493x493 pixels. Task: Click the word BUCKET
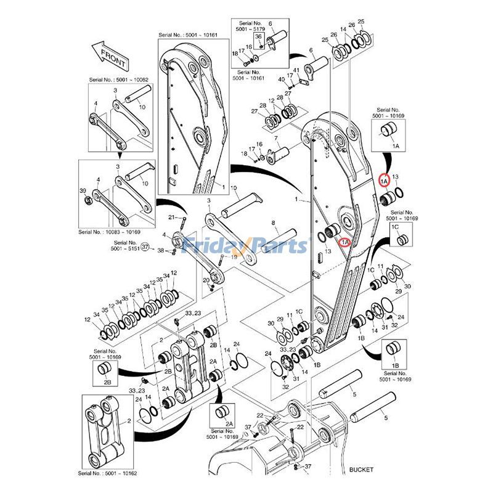tap(362, 470)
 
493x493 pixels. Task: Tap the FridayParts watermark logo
tap(246, 245)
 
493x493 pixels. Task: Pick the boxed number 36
tap(259, 38)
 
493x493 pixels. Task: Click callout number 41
tap(296, 69)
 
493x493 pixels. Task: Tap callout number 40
tap(281, 80)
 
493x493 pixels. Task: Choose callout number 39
tap(83, 192)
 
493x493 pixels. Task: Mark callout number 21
tap(173, 218)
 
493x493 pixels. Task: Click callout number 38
tap(161, 251)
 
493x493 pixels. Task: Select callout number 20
tap(206, 280)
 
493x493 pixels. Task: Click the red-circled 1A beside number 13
tap(384, 181)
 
